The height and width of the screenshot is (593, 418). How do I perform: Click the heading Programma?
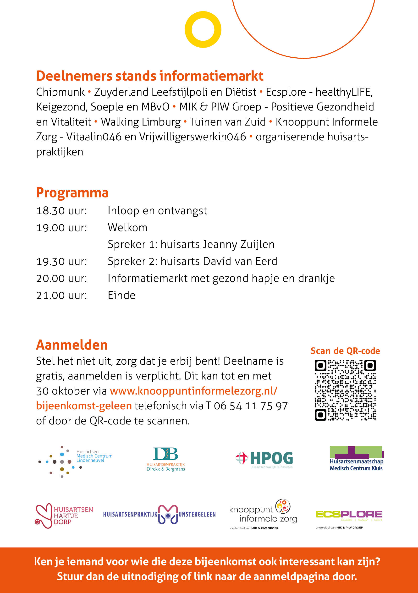tap(72, 193)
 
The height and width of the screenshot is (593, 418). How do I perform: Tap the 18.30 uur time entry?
tap(61, 211)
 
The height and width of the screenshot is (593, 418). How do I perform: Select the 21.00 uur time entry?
tap(61, 296)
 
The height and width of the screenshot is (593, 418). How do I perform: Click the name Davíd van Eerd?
tap(240, 261)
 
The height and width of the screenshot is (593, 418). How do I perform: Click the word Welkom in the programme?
tap(128, 228)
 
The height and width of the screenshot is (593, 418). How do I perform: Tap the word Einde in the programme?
tap(121, 296)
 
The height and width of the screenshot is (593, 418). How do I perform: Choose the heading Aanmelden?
tap(72, 345)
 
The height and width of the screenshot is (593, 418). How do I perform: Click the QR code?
tap(345, 390)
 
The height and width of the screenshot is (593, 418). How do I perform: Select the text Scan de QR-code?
tap(345, 351)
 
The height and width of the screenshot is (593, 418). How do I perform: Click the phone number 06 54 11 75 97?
tap(251, 406)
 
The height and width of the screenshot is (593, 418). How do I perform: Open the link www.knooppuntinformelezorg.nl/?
tap(193, 391)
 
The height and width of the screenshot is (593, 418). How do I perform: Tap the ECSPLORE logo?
tap(348, 515)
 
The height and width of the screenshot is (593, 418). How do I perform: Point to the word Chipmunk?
tap(60, 92)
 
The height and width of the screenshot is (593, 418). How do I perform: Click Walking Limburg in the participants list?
tap(141, 122)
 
